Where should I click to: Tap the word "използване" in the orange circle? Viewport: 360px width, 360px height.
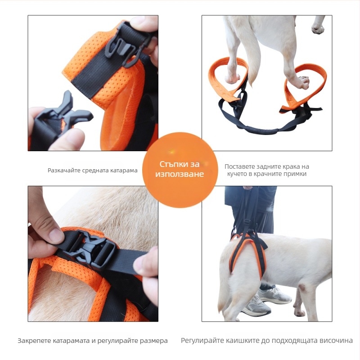click(180, 174)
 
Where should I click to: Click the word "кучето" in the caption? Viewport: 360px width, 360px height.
click(237, 174)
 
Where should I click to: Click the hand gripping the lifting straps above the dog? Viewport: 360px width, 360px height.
click(248, 188)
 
